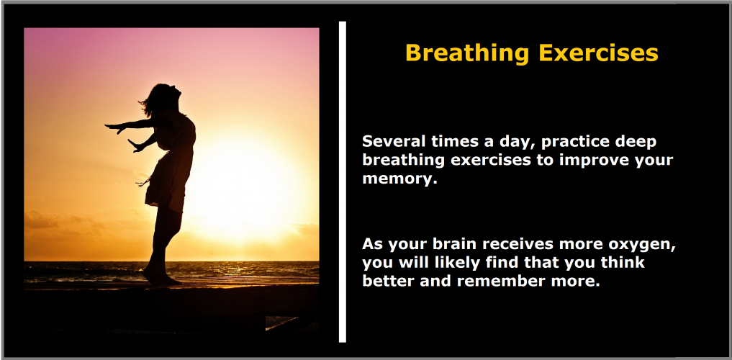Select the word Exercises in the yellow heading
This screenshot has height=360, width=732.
click(599, 53)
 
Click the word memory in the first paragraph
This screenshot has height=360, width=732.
click(399, 179)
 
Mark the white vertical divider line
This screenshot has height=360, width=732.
click(343, 181)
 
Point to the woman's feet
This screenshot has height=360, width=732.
click(162, 279)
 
